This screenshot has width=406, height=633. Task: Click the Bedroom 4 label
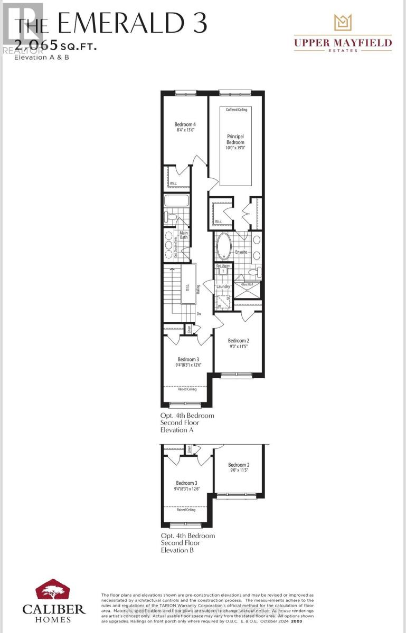tap(181, 124)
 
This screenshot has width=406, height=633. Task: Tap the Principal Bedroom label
tap(235, 139)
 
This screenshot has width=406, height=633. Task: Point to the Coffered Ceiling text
tap(236, 110)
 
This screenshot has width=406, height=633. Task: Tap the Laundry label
tap(223, 287)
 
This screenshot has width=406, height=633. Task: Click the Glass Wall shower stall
tap(248, 291)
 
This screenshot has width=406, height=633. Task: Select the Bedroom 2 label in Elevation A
tap(239, 341)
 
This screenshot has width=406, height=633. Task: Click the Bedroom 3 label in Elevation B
tap(186, 483)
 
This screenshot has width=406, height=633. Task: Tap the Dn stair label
tap(199, 314)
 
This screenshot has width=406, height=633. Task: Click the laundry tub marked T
tap(223, 271)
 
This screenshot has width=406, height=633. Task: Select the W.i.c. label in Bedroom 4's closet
tap(173, 184)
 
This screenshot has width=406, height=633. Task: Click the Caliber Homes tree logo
tap(54, 591)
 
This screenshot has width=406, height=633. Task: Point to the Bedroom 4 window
tap(186, 93)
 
